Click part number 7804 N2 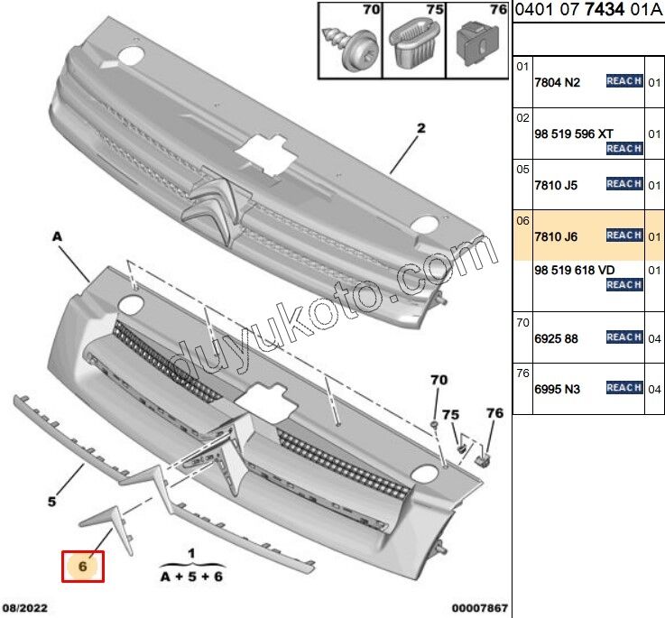[558, 82]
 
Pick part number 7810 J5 [558, 185]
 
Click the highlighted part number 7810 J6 [558, 236]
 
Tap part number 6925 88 [558, 338]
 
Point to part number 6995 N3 [558, 389]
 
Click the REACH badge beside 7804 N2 [624, 81]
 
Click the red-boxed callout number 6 [82, 567]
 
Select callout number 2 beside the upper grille [420, 128]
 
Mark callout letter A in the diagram [57, 235]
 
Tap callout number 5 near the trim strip [52, 501]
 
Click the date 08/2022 [24, 608]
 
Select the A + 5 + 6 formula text [190, 574]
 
